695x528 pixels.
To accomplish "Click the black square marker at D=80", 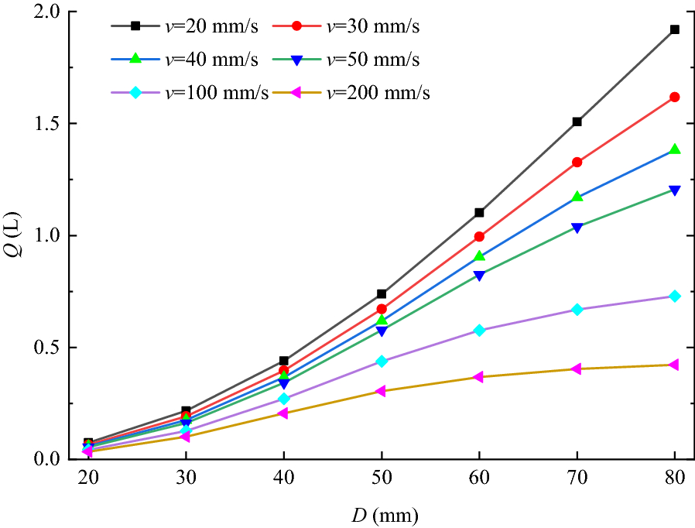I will [x=675, y=29].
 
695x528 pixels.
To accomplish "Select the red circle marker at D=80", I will [x=675, y=97].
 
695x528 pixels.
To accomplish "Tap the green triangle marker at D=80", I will [x=675, y=149].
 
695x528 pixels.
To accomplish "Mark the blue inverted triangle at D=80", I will [x=675, y=190].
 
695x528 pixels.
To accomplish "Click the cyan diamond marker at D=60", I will [x=480, y=331].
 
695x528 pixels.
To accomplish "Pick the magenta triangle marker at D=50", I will [x=381, y=391].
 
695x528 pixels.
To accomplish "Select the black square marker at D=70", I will [x=577, y=122].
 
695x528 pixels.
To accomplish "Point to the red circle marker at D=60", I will [x=480, y=236].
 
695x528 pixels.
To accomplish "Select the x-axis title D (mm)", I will [x=382, y=513].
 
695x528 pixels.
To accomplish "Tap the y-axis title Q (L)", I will [x=16, y=235].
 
